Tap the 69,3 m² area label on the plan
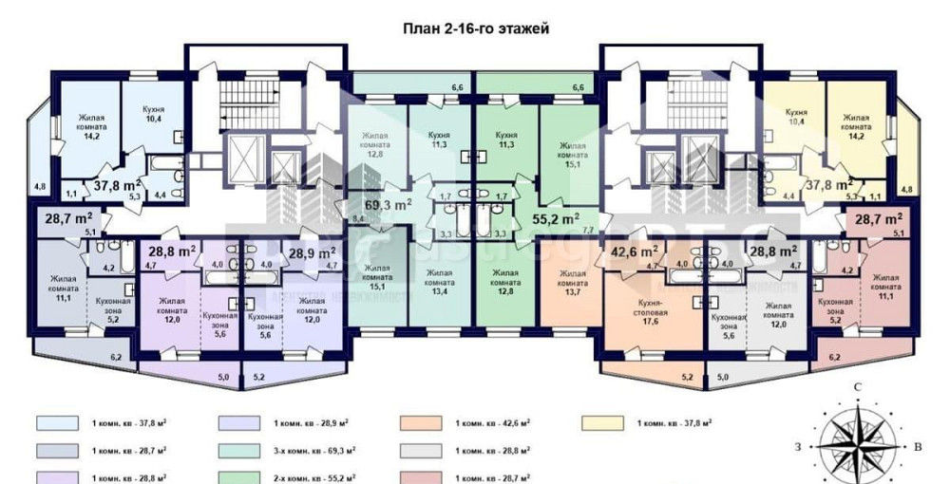point(389,204)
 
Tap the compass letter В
point(918,446)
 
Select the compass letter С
point(858,387)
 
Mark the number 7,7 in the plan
point(587,230)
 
